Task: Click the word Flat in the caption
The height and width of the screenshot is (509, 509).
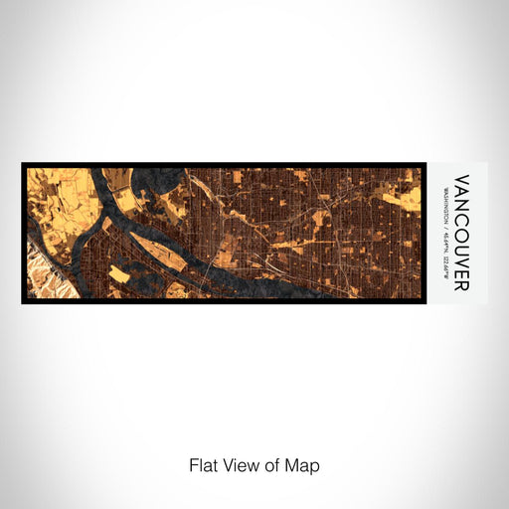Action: click(203, 464)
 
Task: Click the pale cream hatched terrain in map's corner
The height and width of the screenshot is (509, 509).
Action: click(38, 283)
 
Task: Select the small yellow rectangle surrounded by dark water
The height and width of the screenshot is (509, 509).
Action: click(118, 272)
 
